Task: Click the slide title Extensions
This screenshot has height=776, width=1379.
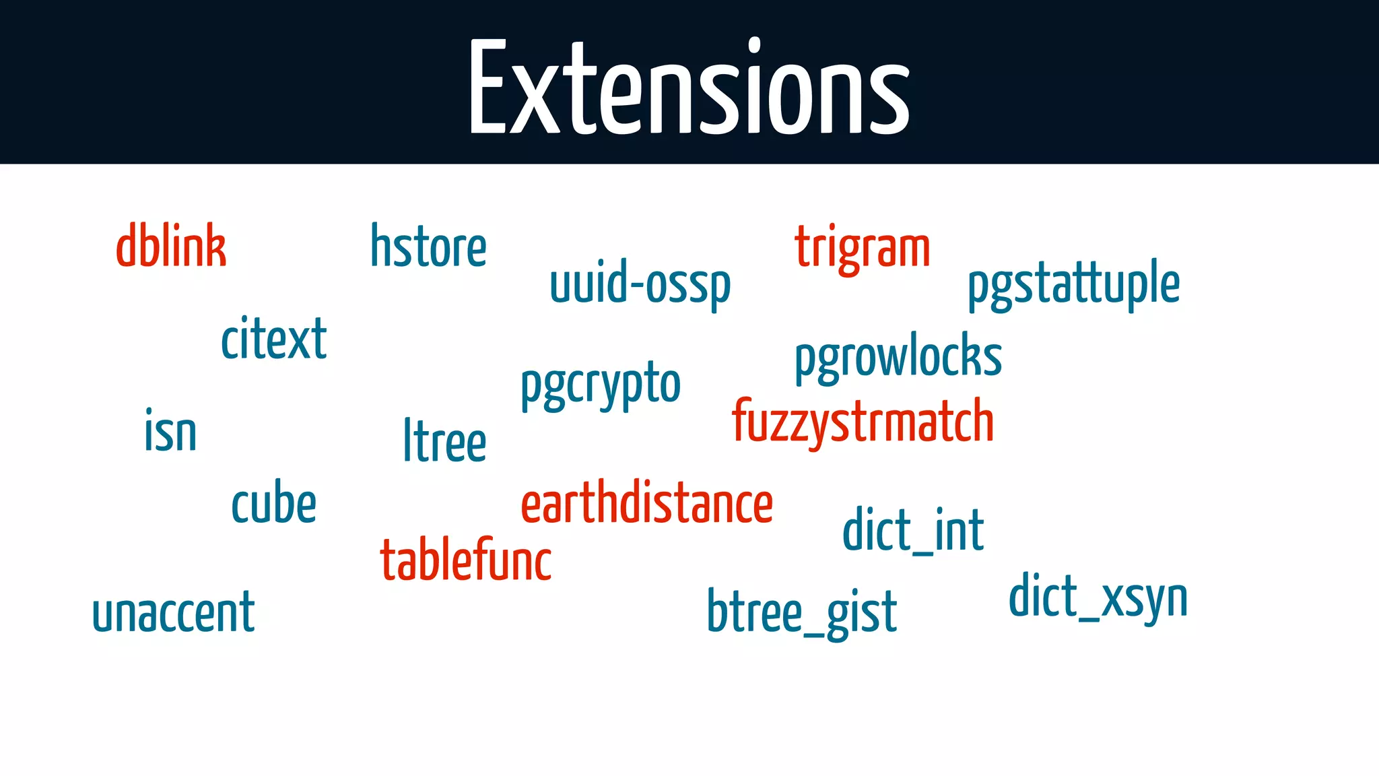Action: point(689,88)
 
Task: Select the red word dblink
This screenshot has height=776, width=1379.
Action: point(171,247)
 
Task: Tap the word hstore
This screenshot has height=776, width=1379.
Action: point(428,247)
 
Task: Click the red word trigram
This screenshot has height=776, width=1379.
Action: point(863,248)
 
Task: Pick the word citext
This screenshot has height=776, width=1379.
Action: point(274,339)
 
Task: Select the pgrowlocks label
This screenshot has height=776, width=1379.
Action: point(898,357)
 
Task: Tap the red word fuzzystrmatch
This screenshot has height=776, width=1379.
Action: point(863,422)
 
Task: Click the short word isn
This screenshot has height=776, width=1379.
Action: point(170,431)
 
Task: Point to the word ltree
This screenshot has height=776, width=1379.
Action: point(444,441)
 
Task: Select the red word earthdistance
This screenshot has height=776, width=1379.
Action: point(647,504)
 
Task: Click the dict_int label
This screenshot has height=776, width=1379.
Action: point(913,531)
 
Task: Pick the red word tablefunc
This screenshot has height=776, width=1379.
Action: point(466,560)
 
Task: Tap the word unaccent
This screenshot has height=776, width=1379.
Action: point(174,612)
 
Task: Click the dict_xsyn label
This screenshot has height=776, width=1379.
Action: point(1098,597)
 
